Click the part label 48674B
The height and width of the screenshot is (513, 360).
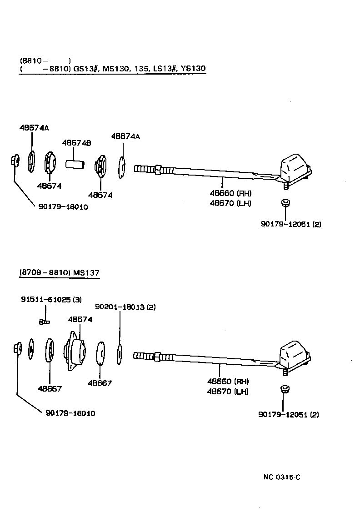[x=76, y=143]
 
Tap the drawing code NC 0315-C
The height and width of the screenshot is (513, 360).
[x=282, y=477]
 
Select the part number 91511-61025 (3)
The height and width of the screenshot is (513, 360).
[x=51, y=300]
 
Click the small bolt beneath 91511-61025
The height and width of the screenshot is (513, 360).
[x=44, y=322]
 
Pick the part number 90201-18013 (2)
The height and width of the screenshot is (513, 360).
[x=125, y=307]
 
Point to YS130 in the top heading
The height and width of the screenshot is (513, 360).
[x=193, y=69]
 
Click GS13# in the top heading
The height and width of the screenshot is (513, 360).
[x=85, y=69]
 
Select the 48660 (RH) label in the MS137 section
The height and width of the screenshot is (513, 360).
[x=228, y=381]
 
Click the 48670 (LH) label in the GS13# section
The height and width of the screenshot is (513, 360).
[x=230, y=203]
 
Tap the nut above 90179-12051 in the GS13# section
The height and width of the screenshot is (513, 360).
[x=285, y=202]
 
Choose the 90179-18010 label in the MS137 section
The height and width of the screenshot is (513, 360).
[x=70, y=413]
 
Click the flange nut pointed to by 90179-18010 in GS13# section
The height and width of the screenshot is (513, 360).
[x=14, y=161]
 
